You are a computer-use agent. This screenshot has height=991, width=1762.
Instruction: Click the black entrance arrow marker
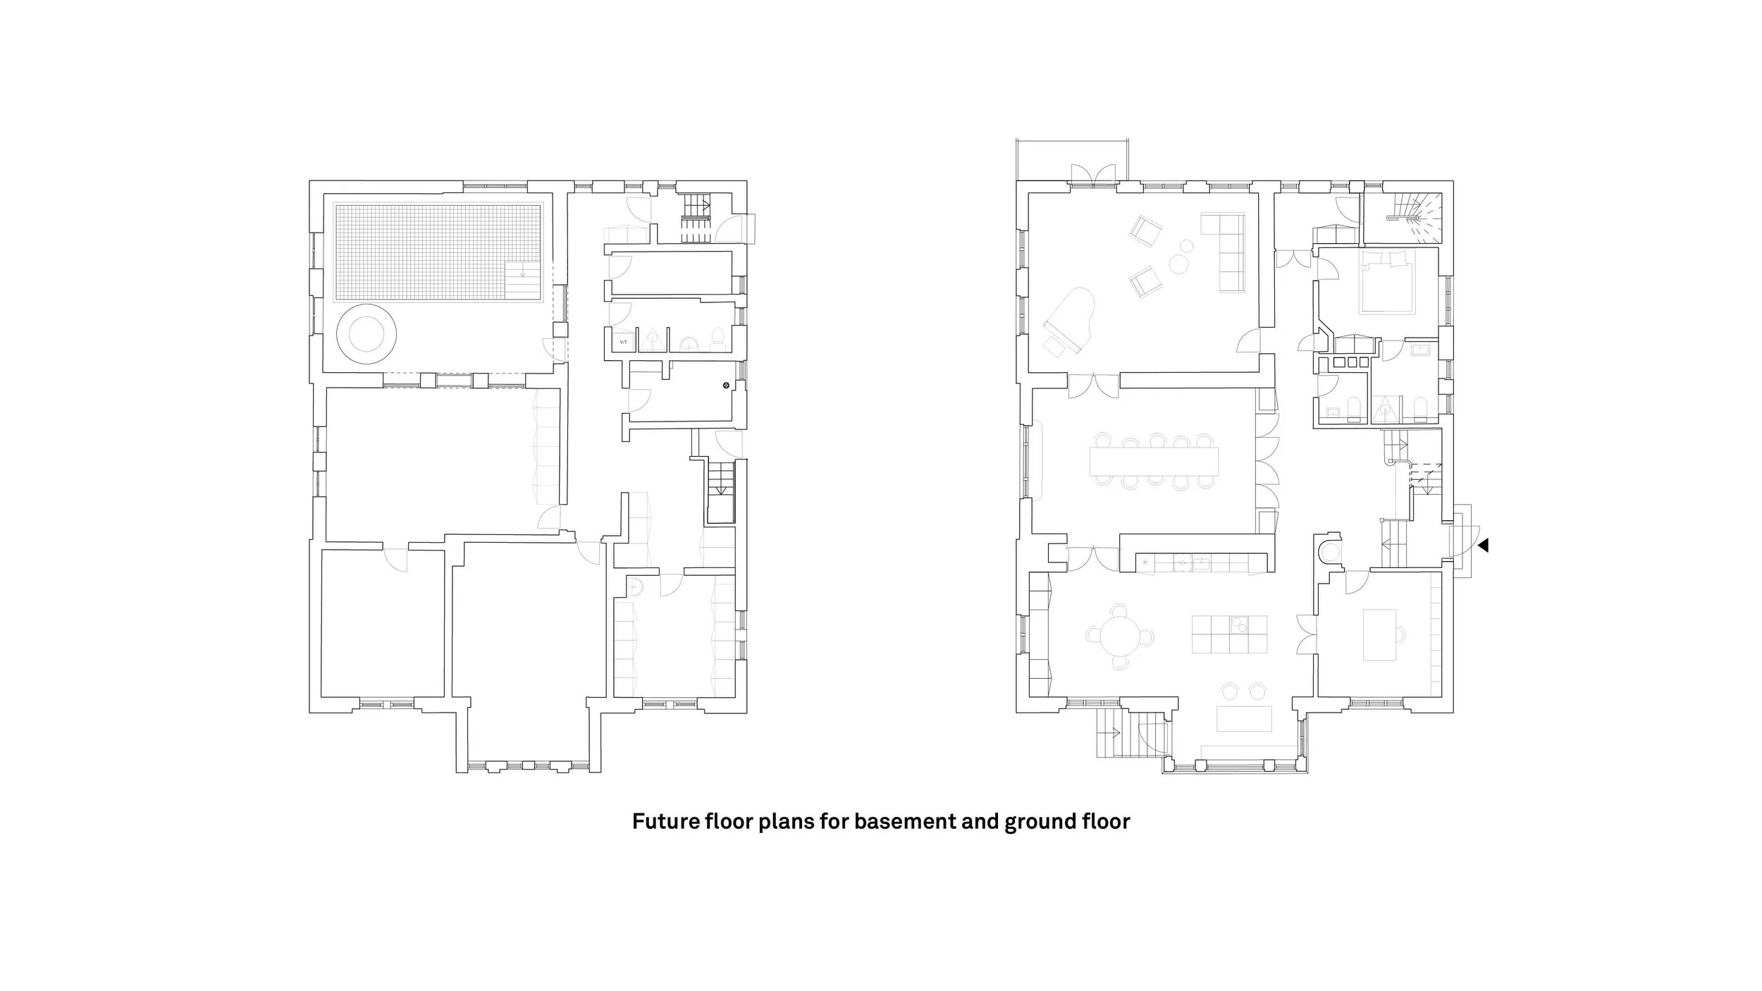(x=1483, y=545)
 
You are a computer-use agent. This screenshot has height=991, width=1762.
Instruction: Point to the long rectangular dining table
(x=1154, y=462)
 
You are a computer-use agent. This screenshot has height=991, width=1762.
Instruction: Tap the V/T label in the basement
(x=623, y=343)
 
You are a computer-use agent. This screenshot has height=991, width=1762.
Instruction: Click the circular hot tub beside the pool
(x=366, y=334)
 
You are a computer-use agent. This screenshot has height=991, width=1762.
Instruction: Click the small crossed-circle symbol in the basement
(x=725, y=386)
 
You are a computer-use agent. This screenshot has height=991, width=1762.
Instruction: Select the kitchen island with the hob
(x=1229, y=634)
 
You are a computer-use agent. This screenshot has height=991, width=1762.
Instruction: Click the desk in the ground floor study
(x=1380, y=634)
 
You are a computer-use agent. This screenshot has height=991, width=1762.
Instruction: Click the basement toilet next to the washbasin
(x=717, y=339)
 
